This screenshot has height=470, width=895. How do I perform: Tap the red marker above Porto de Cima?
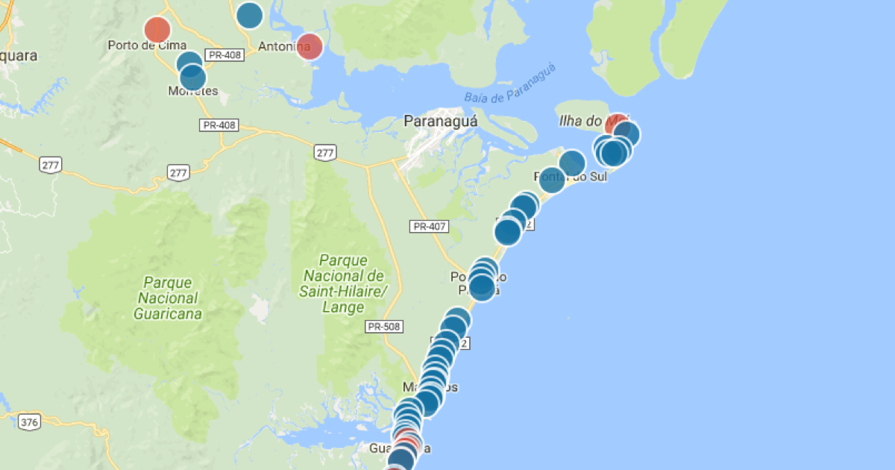tap(157, 29)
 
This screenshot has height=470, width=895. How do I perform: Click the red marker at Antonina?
tap(310, 46)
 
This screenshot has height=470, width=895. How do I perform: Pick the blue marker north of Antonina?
tap(249, 15)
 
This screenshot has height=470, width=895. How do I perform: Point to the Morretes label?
tap(194, 91)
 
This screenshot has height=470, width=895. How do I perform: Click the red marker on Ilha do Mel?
tap(616, 122)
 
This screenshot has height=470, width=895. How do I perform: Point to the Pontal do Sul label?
tap(571, 177)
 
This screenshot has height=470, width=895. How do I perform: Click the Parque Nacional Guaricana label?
tap(168, 298)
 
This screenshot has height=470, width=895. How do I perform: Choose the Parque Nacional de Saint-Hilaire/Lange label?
tap(344, 283)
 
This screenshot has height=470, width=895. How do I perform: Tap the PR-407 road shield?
tap(429, 225)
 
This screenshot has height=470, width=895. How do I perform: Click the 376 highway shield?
tap(29, 422)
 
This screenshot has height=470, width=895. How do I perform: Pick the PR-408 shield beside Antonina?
tap(224, 54)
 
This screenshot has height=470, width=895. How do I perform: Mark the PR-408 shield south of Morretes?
tap(219, 125)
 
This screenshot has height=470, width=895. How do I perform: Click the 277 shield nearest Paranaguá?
tap(325, 153)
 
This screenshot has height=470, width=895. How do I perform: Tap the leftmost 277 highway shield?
tap(51, 164)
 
